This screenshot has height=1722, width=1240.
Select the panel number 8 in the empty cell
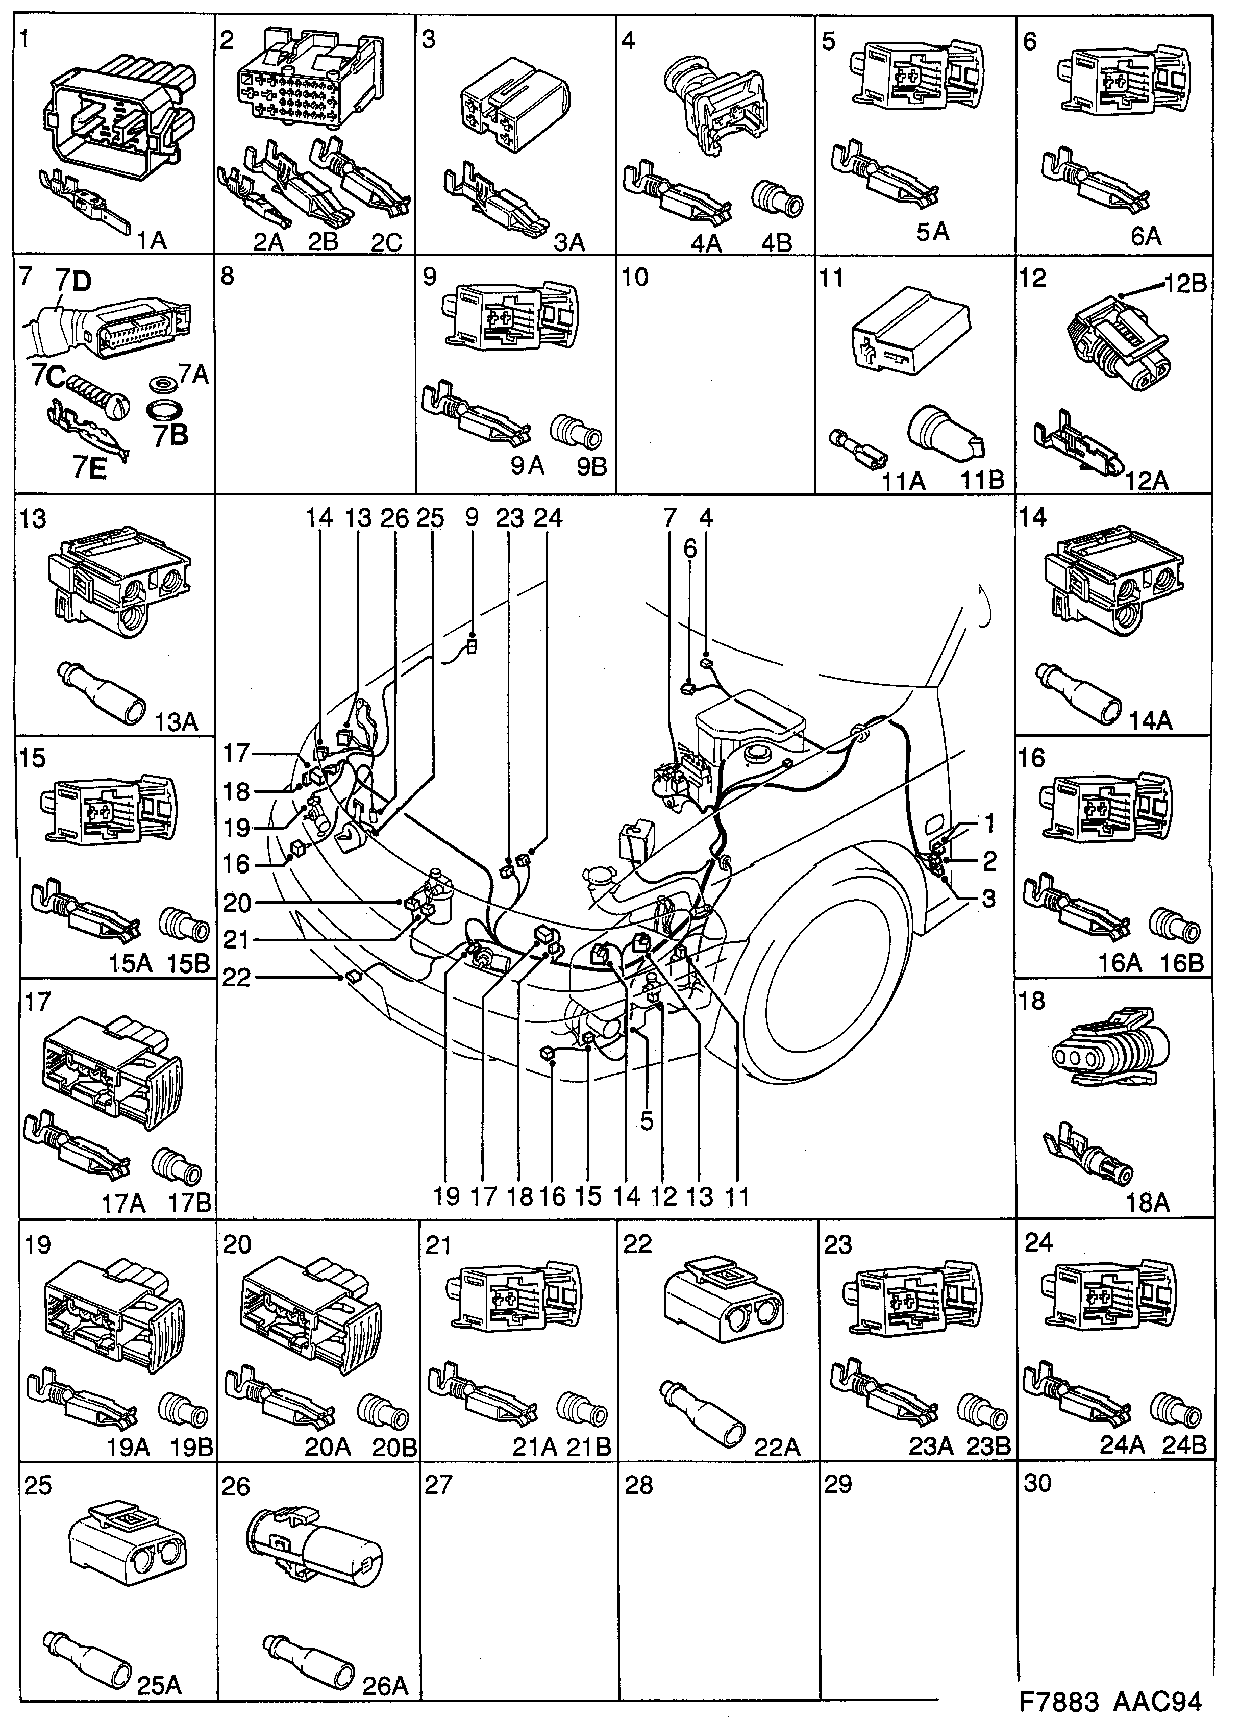[228, 277]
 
